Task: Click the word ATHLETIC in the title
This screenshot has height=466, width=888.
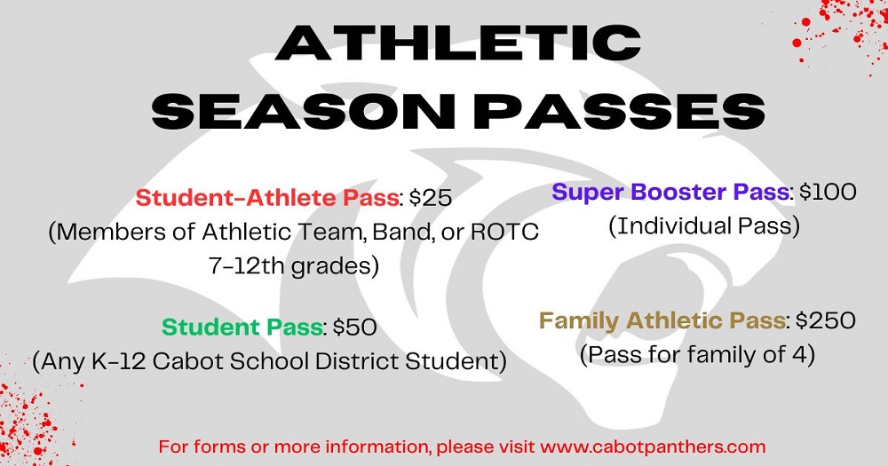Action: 458,43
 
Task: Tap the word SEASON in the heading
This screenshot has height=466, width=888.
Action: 303,110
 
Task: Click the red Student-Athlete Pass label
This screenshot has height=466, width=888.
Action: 267,198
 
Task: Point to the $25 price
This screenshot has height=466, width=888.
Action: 431,198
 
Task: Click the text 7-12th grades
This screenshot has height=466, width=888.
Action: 293,266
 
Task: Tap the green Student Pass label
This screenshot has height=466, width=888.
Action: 242,328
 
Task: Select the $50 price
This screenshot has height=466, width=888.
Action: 354,328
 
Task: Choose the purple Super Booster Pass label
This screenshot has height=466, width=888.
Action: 670,193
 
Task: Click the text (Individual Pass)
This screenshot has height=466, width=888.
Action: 704,226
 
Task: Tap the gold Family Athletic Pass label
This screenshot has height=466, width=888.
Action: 662,321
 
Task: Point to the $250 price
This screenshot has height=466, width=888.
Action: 826,321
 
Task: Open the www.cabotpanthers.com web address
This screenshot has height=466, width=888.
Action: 653,446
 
